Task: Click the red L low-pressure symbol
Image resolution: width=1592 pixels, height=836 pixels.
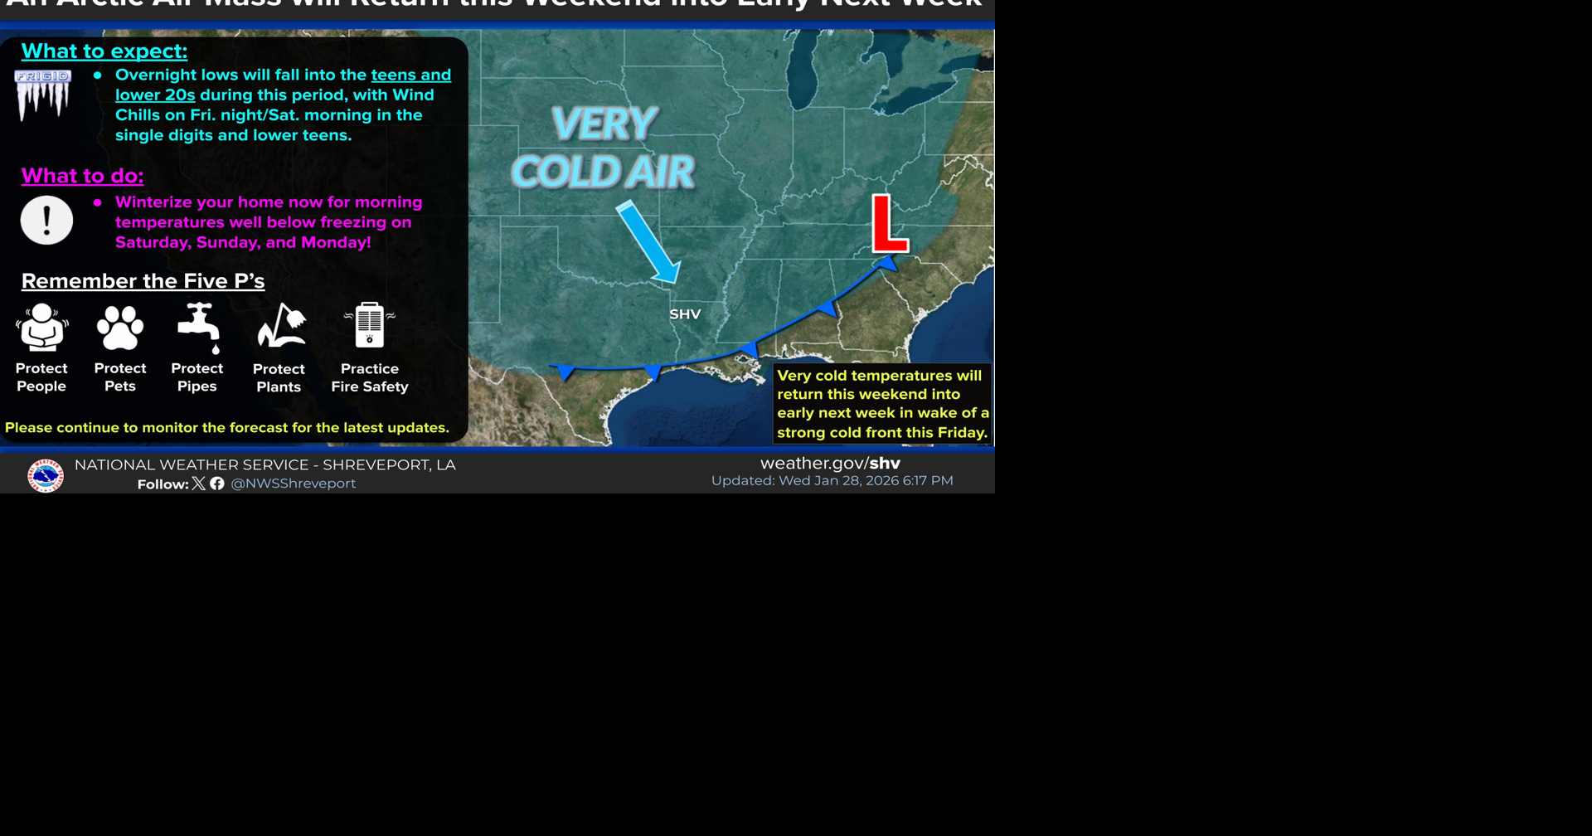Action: pyautogui.click(x=890, y=224)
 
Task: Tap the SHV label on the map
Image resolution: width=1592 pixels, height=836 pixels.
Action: pyautogui.click(x=685, y=314)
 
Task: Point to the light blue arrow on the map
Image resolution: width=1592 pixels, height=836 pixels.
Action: pyautogui.click(x=648, y=241)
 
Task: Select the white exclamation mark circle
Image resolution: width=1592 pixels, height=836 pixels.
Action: pyautogui.click(x=46, y=221)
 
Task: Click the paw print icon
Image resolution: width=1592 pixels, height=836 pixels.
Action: pyautogui.click(x=120, y=327)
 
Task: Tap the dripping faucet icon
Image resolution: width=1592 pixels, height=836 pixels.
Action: pyautogui.click(x=199, y=327)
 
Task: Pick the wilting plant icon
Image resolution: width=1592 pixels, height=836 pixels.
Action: pyautogui.click(x=281, y=325)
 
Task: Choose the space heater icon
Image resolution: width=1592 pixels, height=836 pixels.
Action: pyautogui.click(x=370, y=324)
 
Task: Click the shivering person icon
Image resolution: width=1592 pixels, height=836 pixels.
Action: pyautogui.click(x=42, y=327)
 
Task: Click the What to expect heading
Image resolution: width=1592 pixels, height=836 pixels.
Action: pyautogui.click(x=104, y=51)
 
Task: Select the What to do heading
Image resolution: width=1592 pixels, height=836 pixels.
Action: pyautogui.click(x=82, y=176)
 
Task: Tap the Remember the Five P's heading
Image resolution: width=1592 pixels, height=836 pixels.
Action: pyautogui.click(x=143, y=281)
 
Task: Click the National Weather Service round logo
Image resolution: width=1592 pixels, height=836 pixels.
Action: pyautogui.click(x=46, y=475)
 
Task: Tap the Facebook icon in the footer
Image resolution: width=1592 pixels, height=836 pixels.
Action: pyautogui.click(x=217, y=484)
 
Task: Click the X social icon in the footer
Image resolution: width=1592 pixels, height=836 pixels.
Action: pyautogui.click(x=199, y=484)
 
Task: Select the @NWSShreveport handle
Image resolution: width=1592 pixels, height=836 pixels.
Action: pyautogui.click(x=293, y=484)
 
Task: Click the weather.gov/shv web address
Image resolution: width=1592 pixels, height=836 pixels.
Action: pyautogui.click(x=830, y=464)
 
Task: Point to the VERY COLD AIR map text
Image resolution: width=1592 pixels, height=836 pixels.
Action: pyautogui.click(x=604, y=148)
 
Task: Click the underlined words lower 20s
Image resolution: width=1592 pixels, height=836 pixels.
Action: pyautogui.click(x=155, y=95)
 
